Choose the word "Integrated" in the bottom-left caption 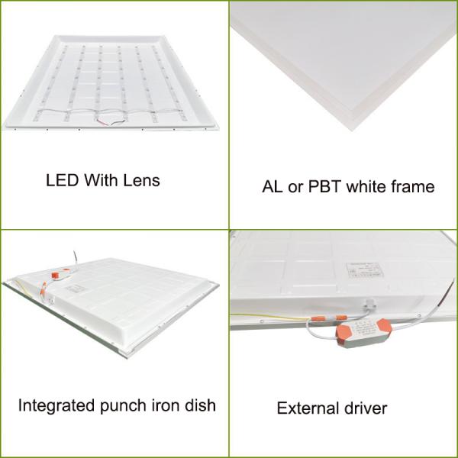52,405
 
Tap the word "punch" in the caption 120,405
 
